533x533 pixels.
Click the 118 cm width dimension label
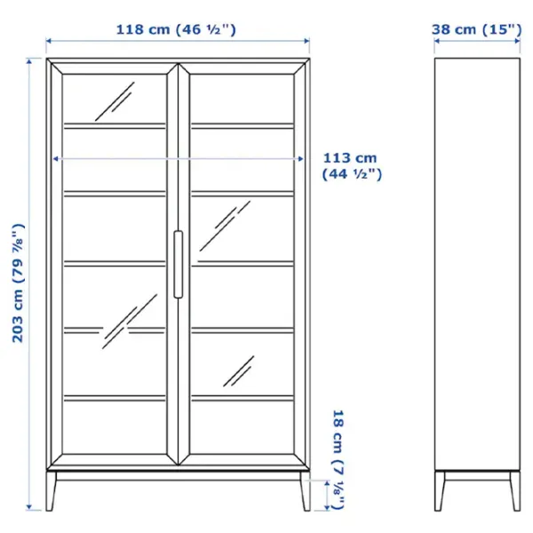click(176, 29)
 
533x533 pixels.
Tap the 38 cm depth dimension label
click(476, 29)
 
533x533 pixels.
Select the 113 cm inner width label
click(352, 166)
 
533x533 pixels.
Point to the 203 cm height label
click(19, 283)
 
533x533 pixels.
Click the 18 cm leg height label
click(338, 459)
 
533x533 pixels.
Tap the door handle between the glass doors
click(179, 265)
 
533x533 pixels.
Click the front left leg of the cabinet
click(51, 490)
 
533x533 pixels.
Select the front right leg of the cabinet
click(306, 490)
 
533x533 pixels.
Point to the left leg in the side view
click(439, 490)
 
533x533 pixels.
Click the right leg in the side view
click(515, 490)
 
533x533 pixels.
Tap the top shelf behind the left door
click(115, 126)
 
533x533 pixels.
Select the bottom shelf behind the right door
click(243, 398)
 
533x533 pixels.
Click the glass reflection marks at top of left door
click(115, 101)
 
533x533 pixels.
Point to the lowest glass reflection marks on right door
click(239, 371)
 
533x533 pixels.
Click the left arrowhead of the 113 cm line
click(55, 159)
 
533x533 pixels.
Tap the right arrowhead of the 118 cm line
click(307, 41)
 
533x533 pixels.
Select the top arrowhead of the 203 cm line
click(29, 61)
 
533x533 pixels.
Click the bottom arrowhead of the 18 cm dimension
click(327, 507)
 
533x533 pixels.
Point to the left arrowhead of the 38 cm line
click(437, 41)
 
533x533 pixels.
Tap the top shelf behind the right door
click(243, 126)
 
